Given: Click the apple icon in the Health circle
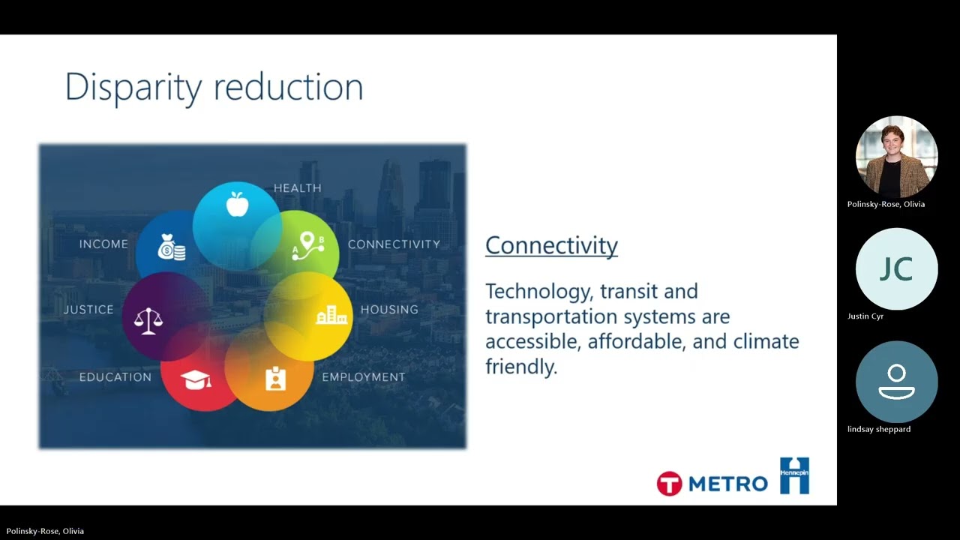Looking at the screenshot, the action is click(x=237, y=204).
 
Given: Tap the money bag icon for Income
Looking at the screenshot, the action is click(x=172, y=247).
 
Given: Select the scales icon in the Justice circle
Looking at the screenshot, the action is click(x=148, y=321).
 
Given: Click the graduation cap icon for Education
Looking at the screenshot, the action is click(x=196, y=379).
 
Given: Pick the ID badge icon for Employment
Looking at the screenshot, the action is click(x=275, y=379).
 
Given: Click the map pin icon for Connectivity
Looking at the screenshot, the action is click(x=308, y=246).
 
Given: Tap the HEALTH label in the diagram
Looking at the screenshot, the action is click(x=298, y=188).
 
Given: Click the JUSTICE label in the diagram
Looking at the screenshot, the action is click(x=88, y=310).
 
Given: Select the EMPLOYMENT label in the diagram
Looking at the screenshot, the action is click(x=364, y=377).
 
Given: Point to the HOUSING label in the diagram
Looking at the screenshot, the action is click(x=389, y=310).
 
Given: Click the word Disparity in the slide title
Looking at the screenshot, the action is click(x=133, y=88).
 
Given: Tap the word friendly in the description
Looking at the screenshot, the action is click(x=521, y=367).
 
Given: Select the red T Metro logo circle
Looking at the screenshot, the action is click(x=669, y=484).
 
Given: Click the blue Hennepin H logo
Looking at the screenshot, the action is click(x=794, y=475).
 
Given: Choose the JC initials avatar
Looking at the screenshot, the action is click(x=896, y=269).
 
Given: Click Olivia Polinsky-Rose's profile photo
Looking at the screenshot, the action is click(x=896, y=157).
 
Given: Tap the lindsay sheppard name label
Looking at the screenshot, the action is click(x=879, y=429).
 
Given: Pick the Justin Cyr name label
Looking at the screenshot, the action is click(x=865, y=316).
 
